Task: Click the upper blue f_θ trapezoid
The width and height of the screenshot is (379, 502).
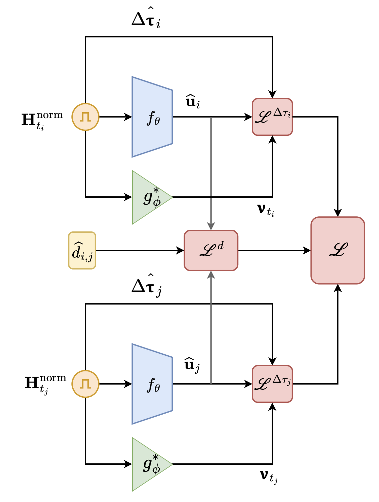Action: (152, 117)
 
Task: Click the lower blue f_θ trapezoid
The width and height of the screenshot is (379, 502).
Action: (152, 384)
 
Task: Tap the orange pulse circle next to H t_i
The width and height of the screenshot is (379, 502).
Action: (85, 117)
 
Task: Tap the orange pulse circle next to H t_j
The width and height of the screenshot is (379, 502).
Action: (85, 384)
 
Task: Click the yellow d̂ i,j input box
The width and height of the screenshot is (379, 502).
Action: (82, 251)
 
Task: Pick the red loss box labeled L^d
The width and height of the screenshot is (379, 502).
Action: (211, 251)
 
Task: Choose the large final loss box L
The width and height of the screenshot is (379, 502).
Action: (338, 250)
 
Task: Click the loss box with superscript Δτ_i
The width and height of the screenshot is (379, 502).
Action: (272, 117)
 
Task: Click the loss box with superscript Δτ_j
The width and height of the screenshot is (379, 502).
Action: (272, 384)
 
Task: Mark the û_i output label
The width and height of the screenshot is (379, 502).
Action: (193, 102)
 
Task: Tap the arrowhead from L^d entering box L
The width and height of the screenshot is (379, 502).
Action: (308, 251)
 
